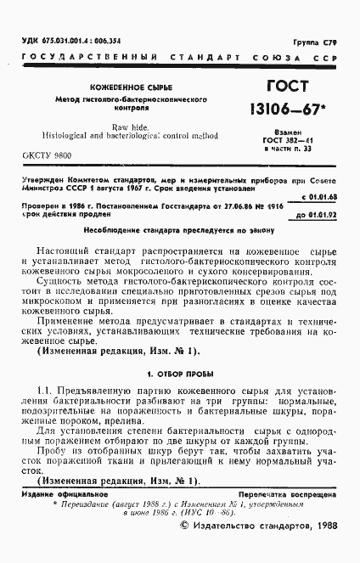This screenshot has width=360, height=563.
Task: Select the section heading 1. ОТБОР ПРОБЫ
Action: coord(182,373)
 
